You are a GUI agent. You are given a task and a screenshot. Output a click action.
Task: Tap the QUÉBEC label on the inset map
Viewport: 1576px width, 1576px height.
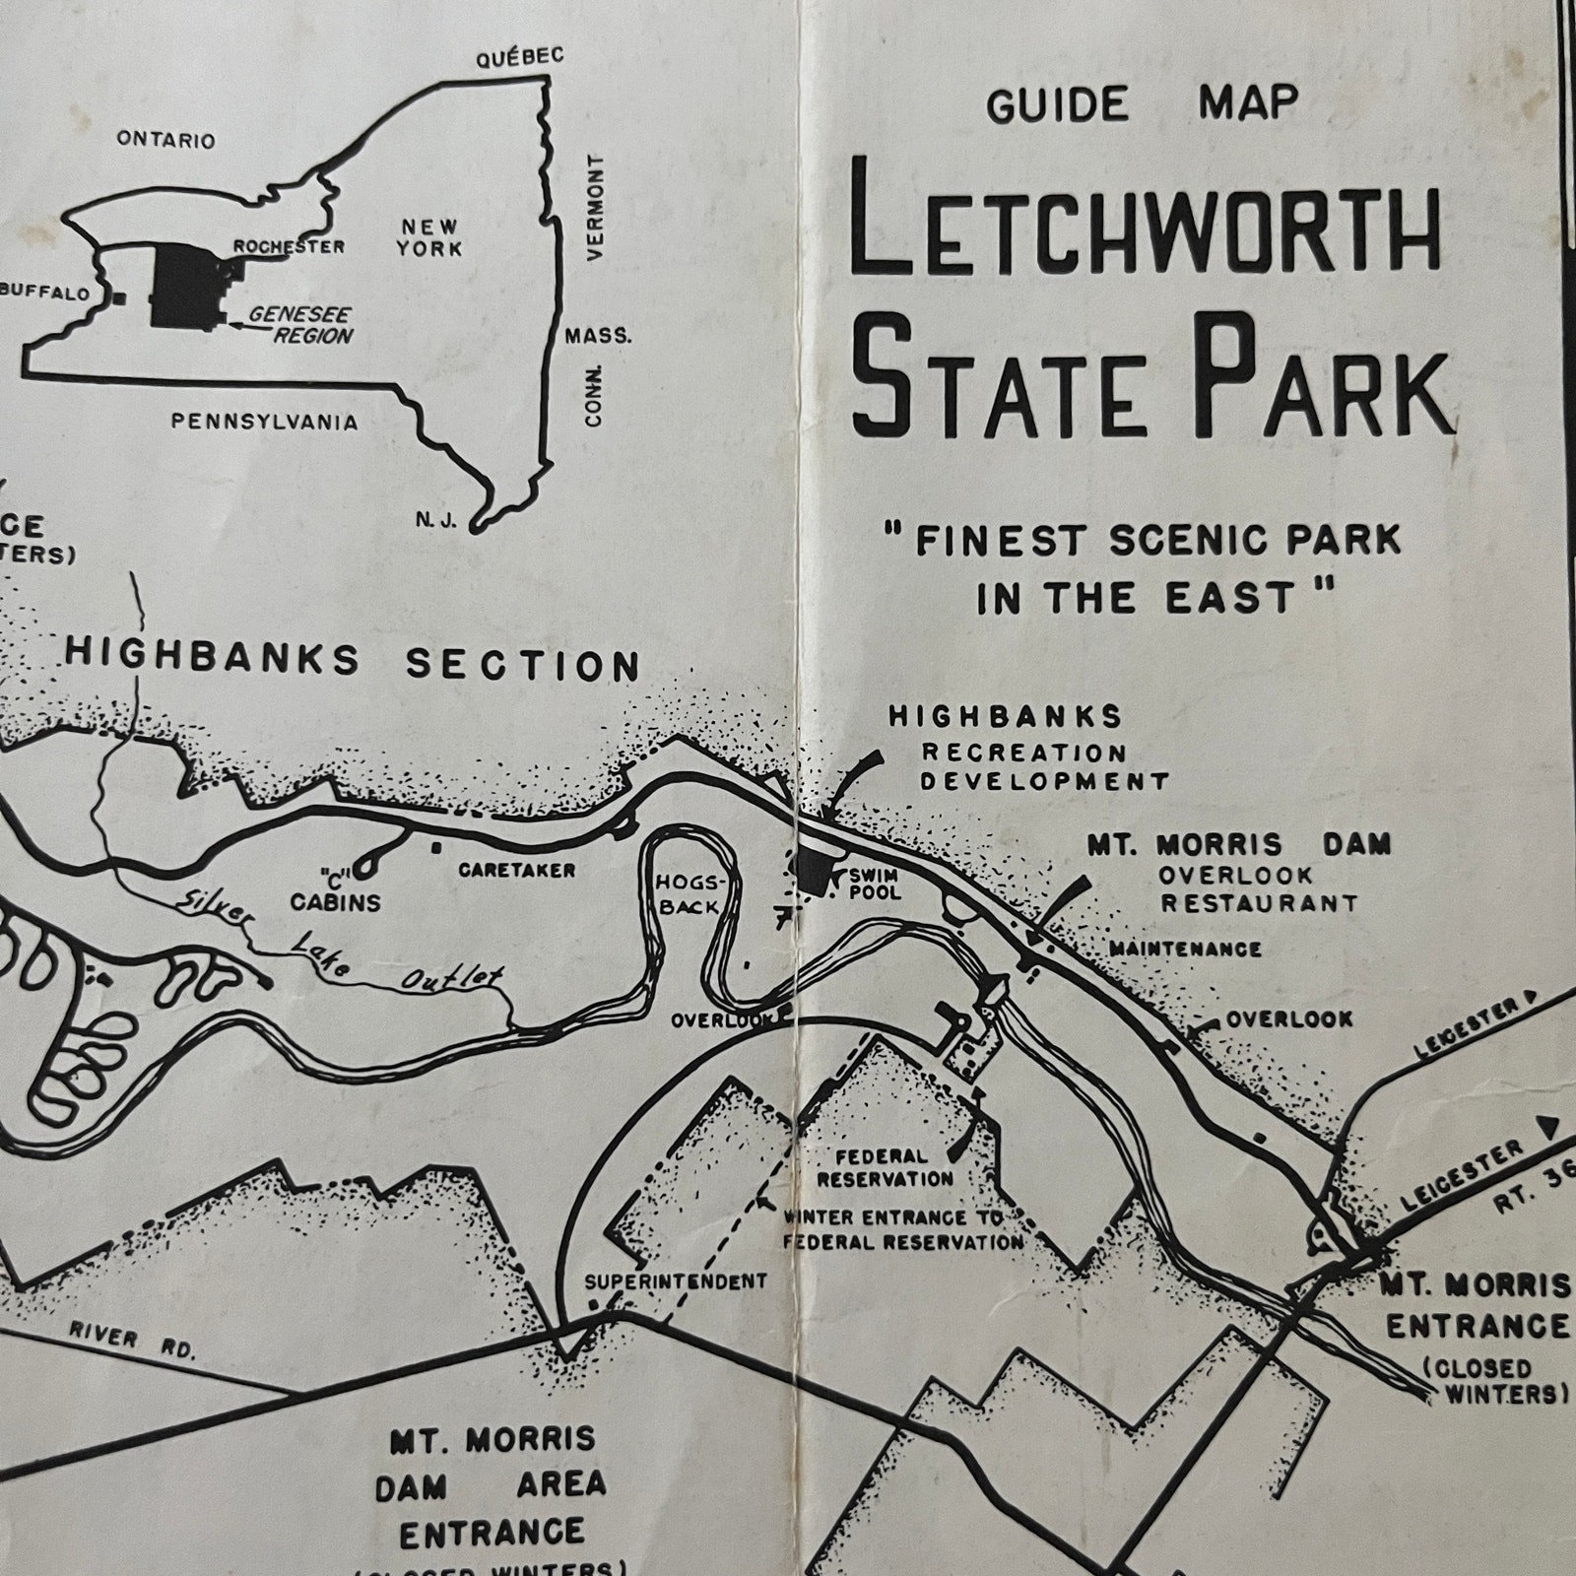[x=520, y=58]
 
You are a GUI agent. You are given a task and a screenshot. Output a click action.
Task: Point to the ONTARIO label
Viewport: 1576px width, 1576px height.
[x=165, y=140]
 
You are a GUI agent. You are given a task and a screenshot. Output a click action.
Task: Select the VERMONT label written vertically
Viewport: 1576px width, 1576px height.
[x=594, y=206]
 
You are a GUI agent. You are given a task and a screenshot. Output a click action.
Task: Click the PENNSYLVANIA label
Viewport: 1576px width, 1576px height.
[x=264, y=423]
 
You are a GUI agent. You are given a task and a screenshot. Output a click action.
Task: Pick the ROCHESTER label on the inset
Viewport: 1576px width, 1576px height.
[x=289, y=246]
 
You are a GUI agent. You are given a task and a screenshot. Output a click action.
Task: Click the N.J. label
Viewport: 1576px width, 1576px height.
[x=435, y=521]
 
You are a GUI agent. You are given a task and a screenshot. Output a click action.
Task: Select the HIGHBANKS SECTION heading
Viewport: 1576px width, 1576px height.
[x=353, y=661]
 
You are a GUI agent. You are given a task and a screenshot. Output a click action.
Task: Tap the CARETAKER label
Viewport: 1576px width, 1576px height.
[x=516, y=871]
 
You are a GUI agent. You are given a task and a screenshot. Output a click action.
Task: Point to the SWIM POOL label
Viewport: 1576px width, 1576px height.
[x=876, y=884]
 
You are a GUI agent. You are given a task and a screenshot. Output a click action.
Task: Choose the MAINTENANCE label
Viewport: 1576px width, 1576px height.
[x=1185, y=949]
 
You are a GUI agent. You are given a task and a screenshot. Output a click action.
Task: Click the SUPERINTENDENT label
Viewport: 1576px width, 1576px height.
[x=675, y=1281]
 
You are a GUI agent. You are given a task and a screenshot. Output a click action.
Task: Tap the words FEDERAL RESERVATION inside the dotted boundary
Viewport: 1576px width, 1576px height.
[x=885, y=1168]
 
